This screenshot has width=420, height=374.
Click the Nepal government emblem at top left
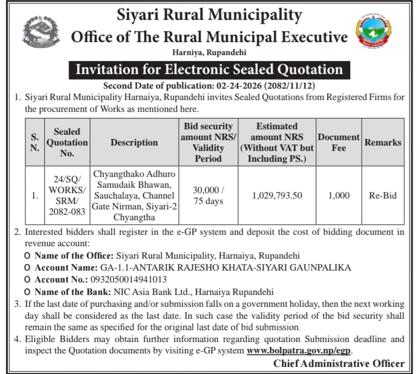pos(40,31)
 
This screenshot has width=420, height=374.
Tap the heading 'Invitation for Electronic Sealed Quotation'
pos(209,69)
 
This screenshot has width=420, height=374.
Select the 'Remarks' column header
pos(383,142)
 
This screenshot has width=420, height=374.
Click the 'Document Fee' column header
pos(338,142)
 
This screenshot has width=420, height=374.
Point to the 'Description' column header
pos(134,142)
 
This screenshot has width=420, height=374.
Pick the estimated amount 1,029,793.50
pos(278,195)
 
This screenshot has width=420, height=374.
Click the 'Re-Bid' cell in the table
pos(383,195)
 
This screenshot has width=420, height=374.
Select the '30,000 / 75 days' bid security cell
pos(208,195)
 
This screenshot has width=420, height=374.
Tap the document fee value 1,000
pos(339,195)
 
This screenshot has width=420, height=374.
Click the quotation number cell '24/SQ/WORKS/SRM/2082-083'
pos(67,195)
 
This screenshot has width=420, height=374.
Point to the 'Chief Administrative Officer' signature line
pos(339,363)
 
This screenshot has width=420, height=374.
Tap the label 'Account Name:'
pos(65,267)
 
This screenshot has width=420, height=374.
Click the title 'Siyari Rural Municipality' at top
pos(209,15)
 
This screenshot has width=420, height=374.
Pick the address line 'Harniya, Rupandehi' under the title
pos(209,52)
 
